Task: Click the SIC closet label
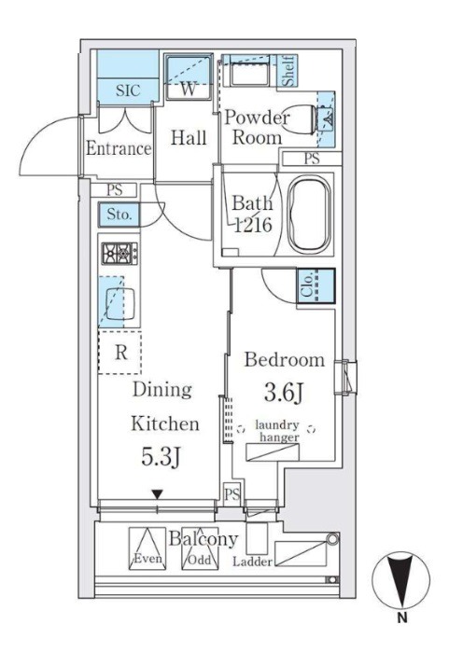(128, 90)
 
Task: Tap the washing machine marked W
(189, 76)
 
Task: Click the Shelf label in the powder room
(288, 71)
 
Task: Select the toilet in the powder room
(306, 119)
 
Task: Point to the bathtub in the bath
(310, 215)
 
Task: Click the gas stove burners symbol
(119, 253)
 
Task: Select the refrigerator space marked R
(119, 353)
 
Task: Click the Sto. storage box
(119, 215)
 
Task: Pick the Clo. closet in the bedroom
(316, 285)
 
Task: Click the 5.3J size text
(161, 456)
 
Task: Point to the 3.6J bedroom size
(283, 393)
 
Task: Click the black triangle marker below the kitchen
(157, 494)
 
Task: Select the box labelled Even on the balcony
(147, 548)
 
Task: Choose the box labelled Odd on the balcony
(200, 548)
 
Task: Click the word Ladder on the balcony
(252, 562)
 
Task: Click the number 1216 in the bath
(253, 225)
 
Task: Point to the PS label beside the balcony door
(232, 494)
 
